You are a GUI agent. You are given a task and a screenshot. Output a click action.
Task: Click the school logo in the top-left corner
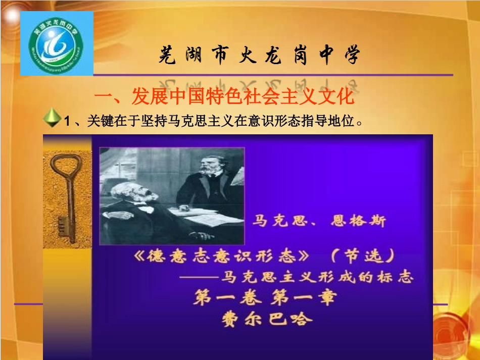[x=56, y=44]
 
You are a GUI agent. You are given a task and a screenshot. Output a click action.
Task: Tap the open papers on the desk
[x=212, y=218]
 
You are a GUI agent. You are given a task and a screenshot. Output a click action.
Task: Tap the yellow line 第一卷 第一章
[x=264, y=298]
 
